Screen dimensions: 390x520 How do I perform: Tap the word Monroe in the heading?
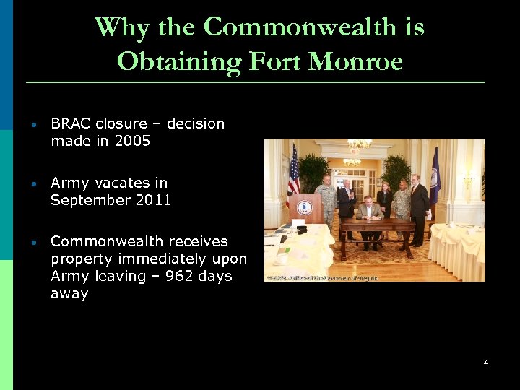pyautogui.click(x=355, y=61)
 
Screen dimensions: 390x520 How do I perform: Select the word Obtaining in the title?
pyautogui.click(x=180, y=61)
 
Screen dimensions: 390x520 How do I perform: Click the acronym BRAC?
pyautogui.click(x=70, y=123)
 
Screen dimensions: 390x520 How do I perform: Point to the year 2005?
pyautogui.click(x=132, y=141)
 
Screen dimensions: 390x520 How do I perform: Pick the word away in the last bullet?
pyautogui.click(x=69, y=293)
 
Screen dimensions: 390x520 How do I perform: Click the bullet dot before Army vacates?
pyautogui.click(x=33, y=183)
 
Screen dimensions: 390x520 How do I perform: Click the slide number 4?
pyautogui.click(x=486, y=363)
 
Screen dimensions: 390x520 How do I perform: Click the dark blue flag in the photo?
pyautogui.click(x=434, y=177)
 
